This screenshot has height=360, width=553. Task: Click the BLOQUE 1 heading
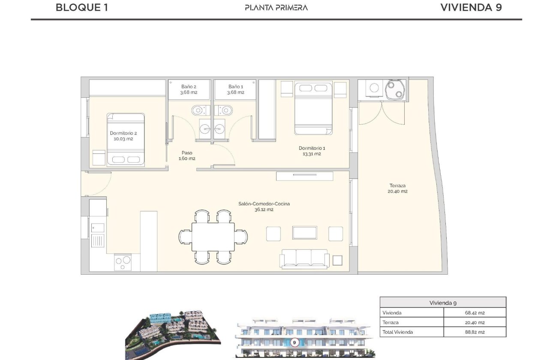[x=81, y=7]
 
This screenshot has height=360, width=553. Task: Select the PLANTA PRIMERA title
[x=276, y=7]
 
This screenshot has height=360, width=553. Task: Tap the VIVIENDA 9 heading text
[x=471, y=7]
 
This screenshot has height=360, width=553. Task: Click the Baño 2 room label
[x=189, y=89]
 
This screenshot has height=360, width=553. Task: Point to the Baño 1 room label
[x=235, y=89]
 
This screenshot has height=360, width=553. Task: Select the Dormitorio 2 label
[x=123, y=136]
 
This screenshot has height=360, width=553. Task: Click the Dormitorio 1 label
[x=312, y=151]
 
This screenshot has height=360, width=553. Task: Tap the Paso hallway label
[x=186, y=155]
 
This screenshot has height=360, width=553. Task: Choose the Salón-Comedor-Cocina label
[x=264, y=207]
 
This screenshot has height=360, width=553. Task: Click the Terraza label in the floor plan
[x=397, y=189]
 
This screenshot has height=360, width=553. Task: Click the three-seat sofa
[x=304, y=258]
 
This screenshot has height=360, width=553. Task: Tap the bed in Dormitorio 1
[x=313, y=108]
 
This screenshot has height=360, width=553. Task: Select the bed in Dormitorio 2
[x=126, y=139]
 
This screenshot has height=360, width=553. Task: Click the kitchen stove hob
[x=123, y=262]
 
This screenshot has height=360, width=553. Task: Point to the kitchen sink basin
[x=98, y=228]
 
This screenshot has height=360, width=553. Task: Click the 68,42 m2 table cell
[x=475, y=313]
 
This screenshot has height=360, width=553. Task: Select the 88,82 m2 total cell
[x=475, y=332]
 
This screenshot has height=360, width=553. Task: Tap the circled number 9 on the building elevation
[x=295, y=342]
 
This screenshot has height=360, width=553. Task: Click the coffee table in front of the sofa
[x=305, y=233]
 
